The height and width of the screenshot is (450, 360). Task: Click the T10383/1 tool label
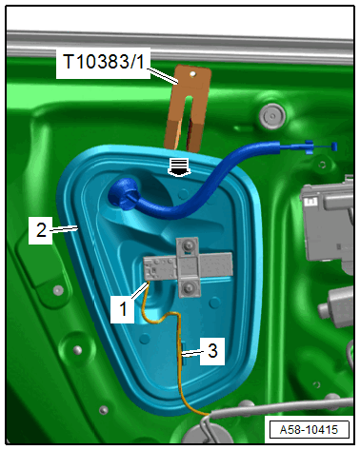(x=104, y=62)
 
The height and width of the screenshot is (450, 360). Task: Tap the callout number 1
(x=123, y=308)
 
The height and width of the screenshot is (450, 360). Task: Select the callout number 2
(x=41, y=229)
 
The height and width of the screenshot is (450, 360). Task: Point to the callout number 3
(x=212, y=351)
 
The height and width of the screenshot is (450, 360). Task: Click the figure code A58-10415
(x=309, y=430)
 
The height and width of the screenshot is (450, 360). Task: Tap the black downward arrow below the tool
(x=178, y=166)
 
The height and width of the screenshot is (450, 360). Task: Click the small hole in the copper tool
(x=191, y=74)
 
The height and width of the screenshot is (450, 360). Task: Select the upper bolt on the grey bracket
(x=188, y=245)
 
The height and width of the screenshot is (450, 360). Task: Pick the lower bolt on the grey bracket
(x=190, y=288)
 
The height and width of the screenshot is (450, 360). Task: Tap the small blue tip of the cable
(x=334, y=147)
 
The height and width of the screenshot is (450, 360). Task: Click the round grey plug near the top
(x=272, y=116)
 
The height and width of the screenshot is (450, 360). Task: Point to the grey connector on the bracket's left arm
(x=160, y=267)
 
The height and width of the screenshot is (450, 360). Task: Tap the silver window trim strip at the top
(x=180, y=46)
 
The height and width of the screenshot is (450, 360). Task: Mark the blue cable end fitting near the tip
(x=310, y=147)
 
